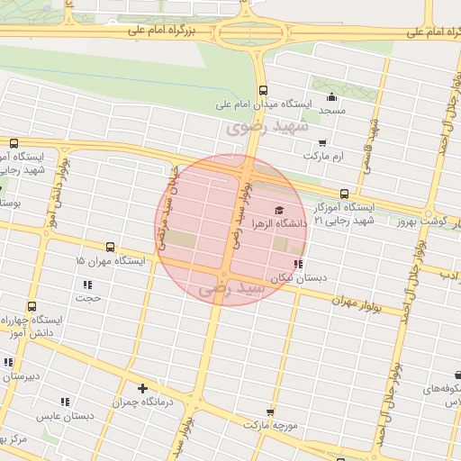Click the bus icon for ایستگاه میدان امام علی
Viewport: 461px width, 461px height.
click(x=263, y=90)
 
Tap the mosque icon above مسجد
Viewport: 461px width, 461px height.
click(x=331, y=97)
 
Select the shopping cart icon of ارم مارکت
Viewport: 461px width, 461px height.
click(x=322, y=142)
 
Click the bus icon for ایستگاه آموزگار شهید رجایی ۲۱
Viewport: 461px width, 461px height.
click(x=344, y=194)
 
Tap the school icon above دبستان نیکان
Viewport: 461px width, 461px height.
click(x=297, y=265)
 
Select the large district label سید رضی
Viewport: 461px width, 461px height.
click(x=233, y=288)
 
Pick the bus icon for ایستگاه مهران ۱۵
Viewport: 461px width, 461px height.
click(x=110, y=247)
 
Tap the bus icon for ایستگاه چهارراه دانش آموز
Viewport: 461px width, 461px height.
click(x=32, y=307)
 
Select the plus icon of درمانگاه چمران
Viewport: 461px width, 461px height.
click(x=142, y=389)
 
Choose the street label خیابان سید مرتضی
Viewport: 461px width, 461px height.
click(x=167, y=205)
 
